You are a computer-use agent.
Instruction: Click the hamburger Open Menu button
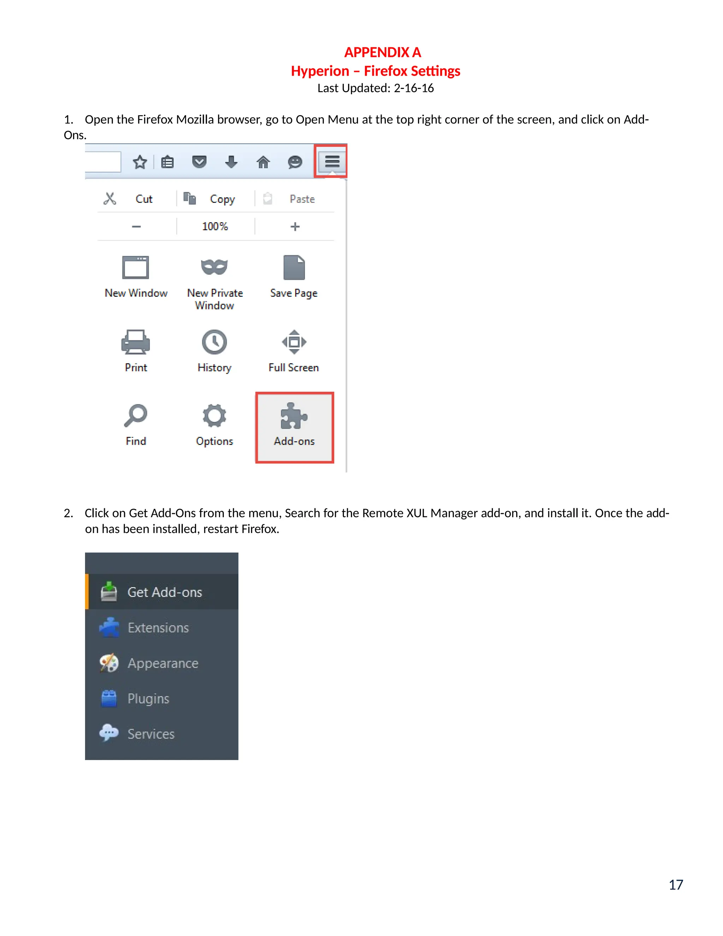(332, 161)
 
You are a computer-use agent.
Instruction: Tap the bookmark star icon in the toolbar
(140, 162)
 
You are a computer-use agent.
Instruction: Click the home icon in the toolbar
(263, 162)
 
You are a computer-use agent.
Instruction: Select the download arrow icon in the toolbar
(231, 162)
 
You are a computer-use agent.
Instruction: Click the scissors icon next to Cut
(110, 199)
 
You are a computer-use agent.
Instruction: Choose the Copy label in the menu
(222, 199)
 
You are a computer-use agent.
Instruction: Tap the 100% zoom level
(215, 226)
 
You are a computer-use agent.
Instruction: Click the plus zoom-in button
(295, 226)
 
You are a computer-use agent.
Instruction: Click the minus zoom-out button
(136, 226)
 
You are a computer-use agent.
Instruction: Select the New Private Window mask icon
(214, 267)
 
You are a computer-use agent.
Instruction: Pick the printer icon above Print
(135, 342)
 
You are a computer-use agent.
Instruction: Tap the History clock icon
(214, 342)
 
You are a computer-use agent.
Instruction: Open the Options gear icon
(214, 416)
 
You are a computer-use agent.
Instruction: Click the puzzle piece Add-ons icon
(294, 416)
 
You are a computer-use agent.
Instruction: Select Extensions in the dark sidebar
(158, 628)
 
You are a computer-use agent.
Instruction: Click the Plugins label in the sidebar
(148, 699)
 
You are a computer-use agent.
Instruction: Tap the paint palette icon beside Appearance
(109, 663)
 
